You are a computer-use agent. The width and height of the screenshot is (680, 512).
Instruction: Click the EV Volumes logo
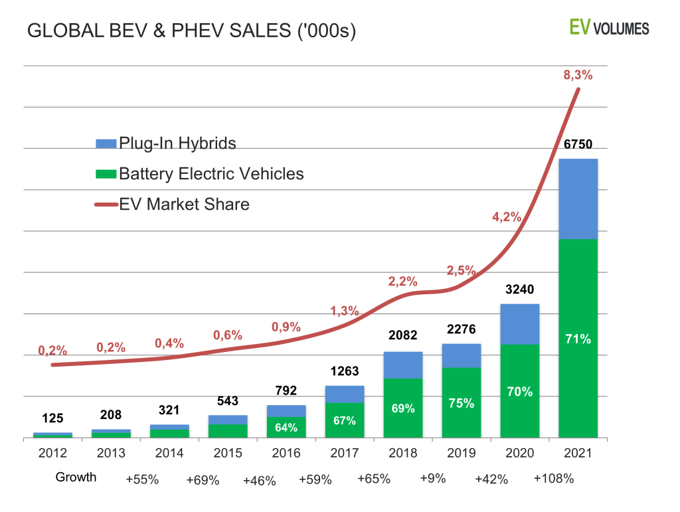609,28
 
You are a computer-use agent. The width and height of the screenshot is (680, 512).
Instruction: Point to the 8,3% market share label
577,74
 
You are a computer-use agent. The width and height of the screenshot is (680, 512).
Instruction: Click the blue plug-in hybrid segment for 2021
578,199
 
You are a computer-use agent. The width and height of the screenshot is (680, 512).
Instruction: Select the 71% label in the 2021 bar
578,339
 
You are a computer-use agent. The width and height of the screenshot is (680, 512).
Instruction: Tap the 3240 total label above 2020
519,290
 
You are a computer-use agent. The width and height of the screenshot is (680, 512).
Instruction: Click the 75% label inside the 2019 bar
461,403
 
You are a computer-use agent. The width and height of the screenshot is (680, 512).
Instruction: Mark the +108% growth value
554,478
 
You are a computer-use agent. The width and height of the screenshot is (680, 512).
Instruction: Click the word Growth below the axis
76,477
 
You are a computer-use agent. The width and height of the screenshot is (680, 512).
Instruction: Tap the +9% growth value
432,478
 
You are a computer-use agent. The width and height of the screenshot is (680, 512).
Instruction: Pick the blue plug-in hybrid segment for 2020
519,324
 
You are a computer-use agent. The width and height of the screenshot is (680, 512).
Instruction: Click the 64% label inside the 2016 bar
286,428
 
